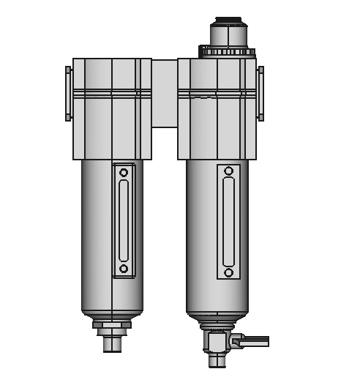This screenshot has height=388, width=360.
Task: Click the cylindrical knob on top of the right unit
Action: pyautogui.click(x=228, y=35)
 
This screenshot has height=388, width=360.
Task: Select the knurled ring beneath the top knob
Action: pyautogui.click(x=228, y=52)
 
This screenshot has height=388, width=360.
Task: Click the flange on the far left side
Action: pyautogui.click(x=69, y=93)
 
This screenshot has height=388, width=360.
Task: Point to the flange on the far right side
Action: pyautogui.click(x=260, y=93)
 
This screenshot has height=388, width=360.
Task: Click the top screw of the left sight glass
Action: pyautogui.click(x=124, y=173)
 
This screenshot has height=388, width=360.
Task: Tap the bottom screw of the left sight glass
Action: pyautogui.click(x=124, y=269)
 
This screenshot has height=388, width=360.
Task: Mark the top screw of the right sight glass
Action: pyautogui.click(x=229, y=171)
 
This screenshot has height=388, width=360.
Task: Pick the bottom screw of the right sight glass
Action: pyautogui.click(x=229, y=272)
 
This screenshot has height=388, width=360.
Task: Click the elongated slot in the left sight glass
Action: pyautogui.click(x=124, y=220)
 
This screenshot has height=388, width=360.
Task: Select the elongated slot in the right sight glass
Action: pyautogui.click(x=229, y=221)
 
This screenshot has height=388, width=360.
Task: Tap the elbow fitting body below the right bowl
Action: pyautogui.click(x=217, y=340)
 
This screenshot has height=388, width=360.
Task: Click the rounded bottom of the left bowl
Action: pyautogui.click(x=112, y=307)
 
